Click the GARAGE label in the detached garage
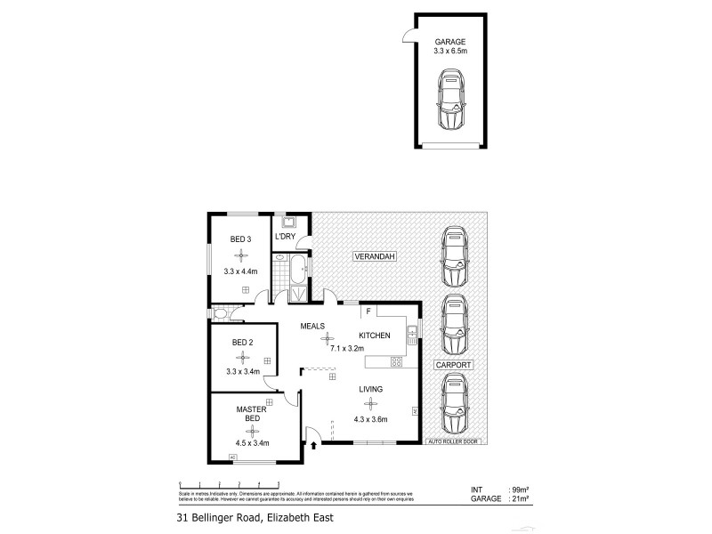coord(450,42)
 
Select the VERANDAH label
coord(374,256)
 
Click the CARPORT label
coord(453,365)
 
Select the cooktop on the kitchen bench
coord(397,361)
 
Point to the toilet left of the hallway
coord(221,313)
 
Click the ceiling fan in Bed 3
coord(239,255)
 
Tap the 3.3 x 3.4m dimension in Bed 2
coord(242,372)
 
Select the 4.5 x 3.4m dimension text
coord(252,442)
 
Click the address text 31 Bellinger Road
coord(250,516)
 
